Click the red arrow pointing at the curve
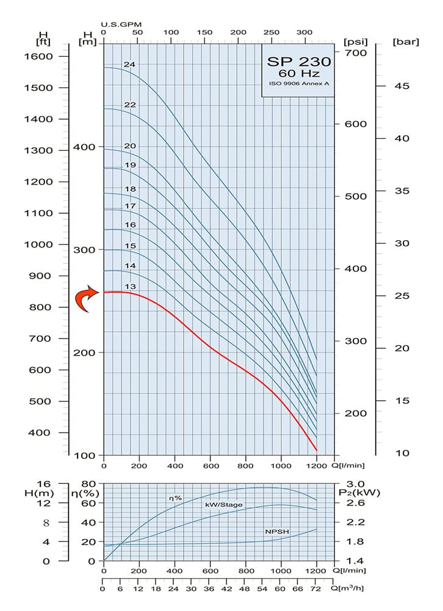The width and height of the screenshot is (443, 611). coord(88,298)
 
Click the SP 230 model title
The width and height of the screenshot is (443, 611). coord(299,61)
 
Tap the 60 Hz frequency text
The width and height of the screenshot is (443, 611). coord(299,74)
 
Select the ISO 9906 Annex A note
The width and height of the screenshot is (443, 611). coord(299,84)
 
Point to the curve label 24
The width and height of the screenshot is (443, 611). coord(129,64)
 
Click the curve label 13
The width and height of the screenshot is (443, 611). coord(129,287)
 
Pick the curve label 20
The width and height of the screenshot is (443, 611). coord(129,145)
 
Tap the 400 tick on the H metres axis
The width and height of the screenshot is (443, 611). coord(84,147)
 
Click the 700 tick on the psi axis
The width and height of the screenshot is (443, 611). coord(355,53)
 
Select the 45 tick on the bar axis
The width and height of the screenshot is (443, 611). coord(401,86)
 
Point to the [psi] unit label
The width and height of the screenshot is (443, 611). coord(355,42)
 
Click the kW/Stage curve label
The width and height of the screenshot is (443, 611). coord(224,504)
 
